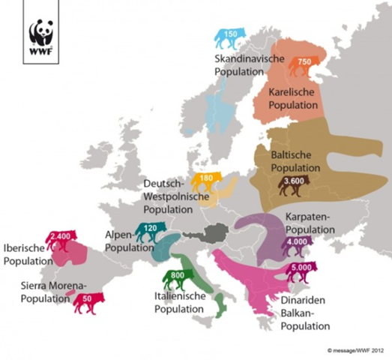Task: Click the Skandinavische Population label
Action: pos(241,65)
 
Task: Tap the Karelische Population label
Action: pos(294,100)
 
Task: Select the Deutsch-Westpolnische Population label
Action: pos(173,196)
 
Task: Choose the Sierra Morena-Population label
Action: pos(48,292)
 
